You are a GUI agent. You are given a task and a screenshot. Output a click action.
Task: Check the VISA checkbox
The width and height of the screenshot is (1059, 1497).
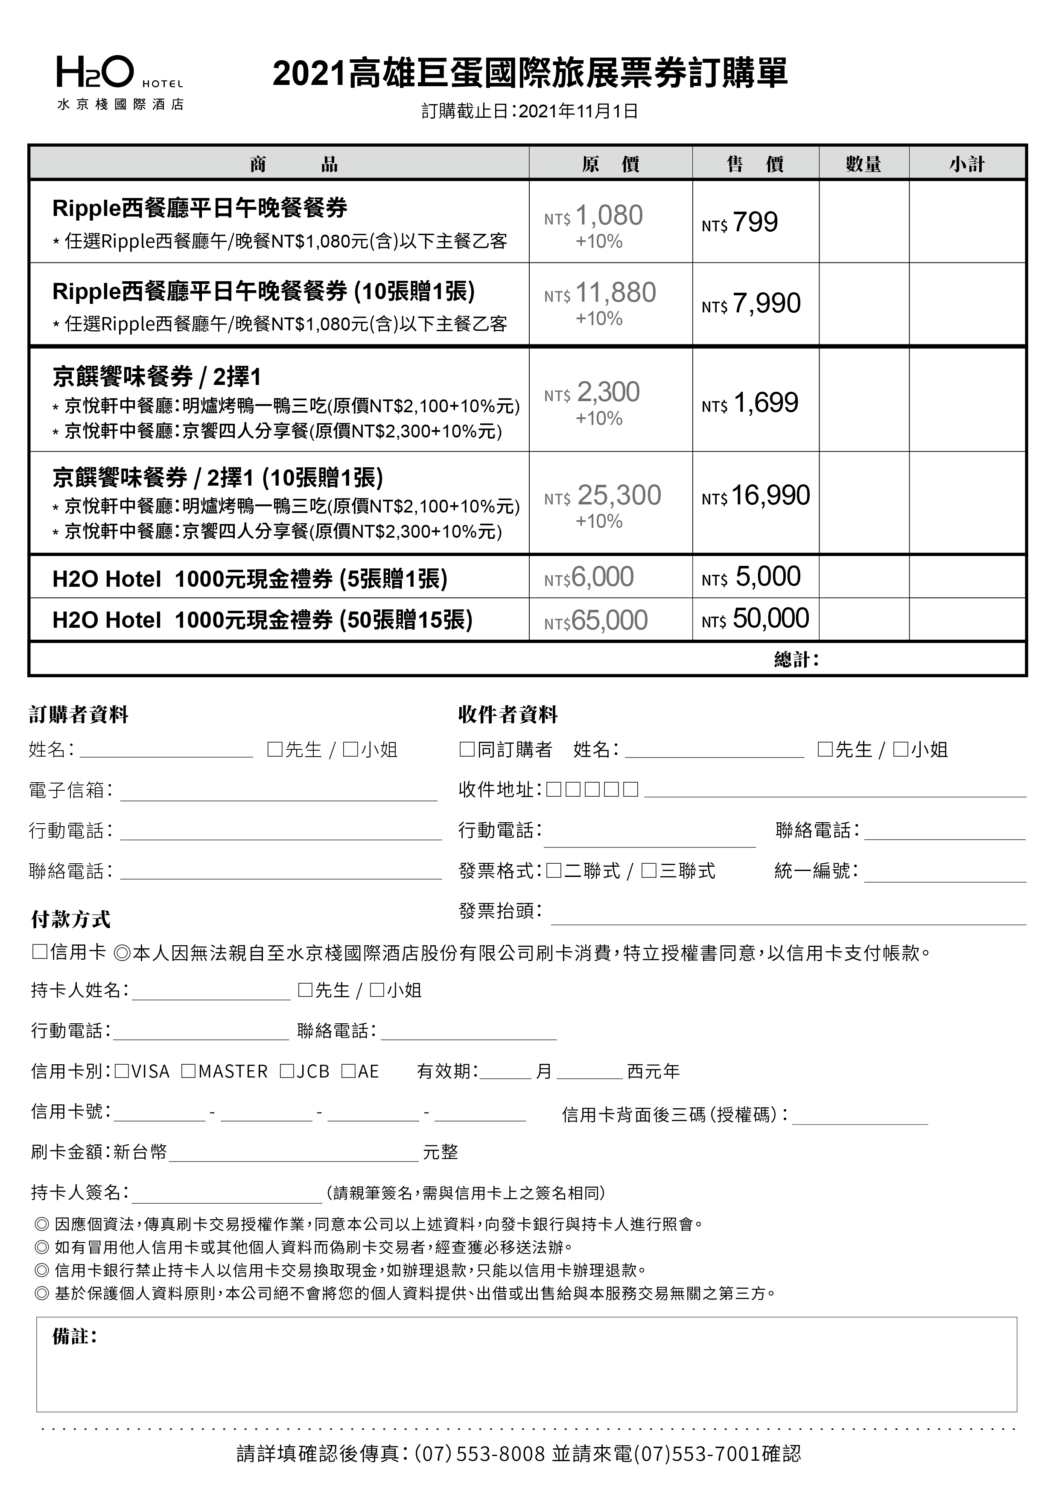pos(121,1071)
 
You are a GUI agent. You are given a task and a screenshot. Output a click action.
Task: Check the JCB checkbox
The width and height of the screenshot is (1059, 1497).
pos(286,1071)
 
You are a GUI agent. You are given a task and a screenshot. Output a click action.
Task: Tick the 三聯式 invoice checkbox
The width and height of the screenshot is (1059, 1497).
pos(648,871)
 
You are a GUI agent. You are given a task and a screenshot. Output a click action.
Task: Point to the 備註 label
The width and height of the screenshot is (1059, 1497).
pos(74,1337)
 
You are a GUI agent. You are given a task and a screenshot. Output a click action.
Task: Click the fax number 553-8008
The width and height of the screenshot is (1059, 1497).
pos(500,1453)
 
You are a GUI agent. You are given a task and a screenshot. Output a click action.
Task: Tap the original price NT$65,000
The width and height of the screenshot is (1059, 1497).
pos(596,620)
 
